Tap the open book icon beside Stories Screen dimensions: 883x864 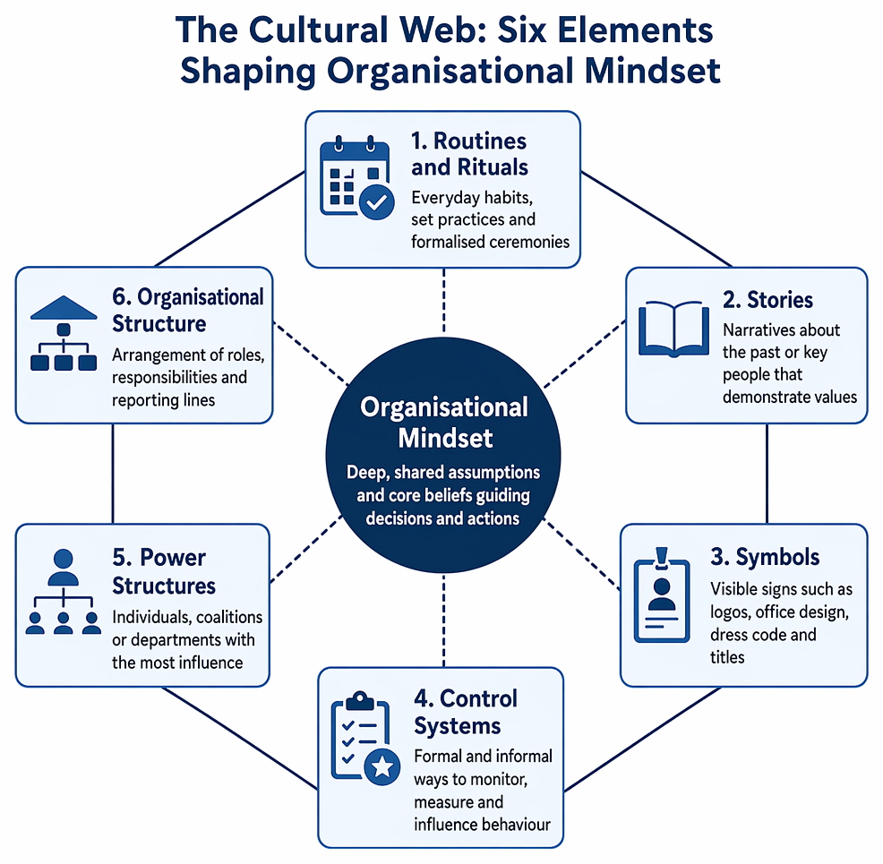pos(673,329)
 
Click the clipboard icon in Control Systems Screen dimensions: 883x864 pos(365,738)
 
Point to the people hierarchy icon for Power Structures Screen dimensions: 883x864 pos(63,592)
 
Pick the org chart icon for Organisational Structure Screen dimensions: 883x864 pos(64,333)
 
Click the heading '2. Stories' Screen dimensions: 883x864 pos(767,300)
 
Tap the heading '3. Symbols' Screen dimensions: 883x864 pos(765,557)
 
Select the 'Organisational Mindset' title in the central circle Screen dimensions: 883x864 pos(444,422)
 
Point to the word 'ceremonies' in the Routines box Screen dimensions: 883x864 pos(530,242)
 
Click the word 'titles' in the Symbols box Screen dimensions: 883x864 pos(727,657)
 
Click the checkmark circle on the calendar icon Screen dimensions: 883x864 pos(377,201)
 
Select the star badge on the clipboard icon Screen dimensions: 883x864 pos(383,766)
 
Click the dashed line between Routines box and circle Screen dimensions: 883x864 pos(444,301)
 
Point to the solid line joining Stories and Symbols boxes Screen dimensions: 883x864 pos(767,474)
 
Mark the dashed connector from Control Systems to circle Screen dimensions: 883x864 pos(444,620)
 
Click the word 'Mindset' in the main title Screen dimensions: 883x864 pos(653,71)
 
